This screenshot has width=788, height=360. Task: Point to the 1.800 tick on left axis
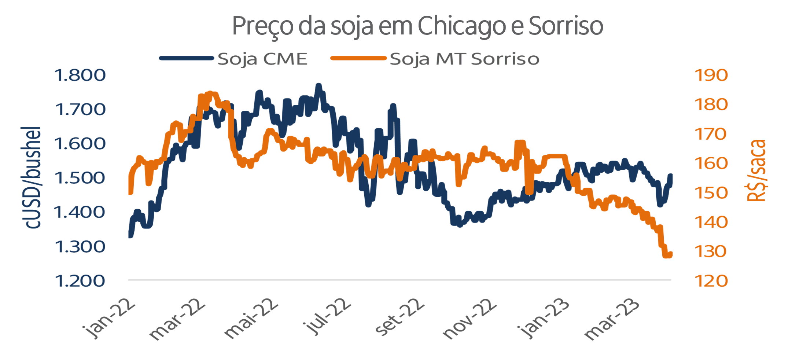[80, 75]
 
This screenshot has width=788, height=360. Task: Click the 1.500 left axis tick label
[80, 178]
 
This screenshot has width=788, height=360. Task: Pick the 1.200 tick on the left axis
[80, 281]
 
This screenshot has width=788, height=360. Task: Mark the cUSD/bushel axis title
[32, 178]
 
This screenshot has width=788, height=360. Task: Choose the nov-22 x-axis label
[470, 320]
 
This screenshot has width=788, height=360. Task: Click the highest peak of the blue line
[318, 86]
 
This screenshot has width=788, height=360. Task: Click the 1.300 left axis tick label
[80, 247]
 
